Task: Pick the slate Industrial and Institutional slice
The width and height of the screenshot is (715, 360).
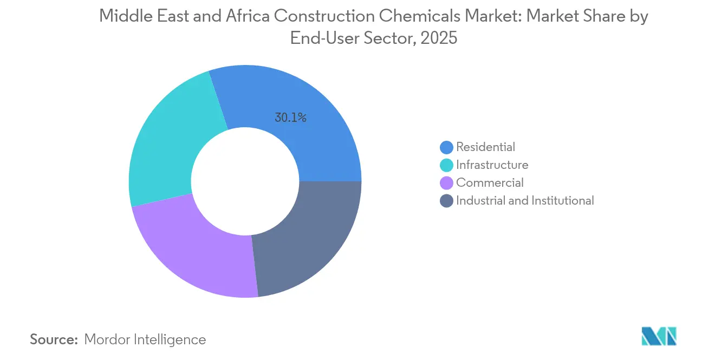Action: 309,238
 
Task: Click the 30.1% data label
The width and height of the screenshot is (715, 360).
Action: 290,117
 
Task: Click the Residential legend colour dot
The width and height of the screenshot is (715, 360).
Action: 447,147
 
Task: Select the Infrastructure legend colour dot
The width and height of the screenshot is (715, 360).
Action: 447,165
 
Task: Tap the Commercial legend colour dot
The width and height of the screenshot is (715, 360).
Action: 447,183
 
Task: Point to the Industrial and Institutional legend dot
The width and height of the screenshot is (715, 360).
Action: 447,201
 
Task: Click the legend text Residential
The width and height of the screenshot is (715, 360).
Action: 485,147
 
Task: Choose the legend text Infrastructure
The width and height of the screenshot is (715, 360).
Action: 492,165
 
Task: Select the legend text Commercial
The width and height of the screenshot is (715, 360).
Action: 490,183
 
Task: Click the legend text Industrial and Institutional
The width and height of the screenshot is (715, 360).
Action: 525,201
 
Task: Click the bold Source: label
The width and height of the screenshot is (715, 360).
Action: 54,339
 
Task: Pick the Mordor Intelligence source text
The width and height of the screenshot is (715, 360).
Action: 145,339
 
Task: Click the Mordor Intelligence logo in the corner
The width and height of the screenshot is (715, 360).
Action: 659,336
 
